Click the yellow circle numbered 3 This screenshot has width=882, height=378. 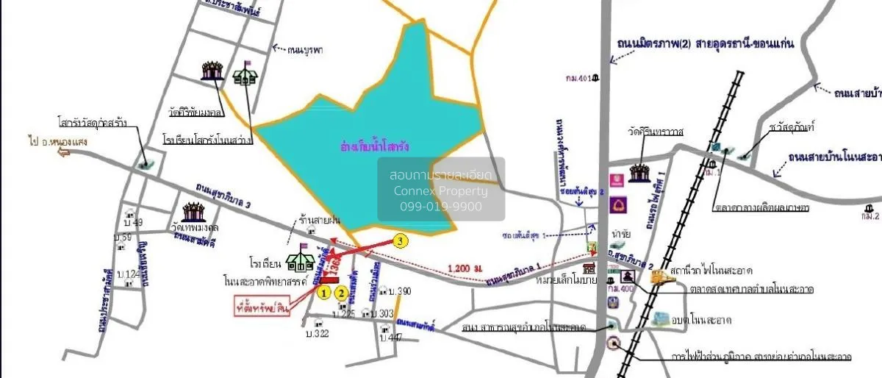click(399, 240)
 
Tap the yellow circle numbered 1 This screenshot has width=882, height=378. click(323, 292)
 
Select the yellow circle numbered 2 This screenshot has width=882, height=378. click(342, 292)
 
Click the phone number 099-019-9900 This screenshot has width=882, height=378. click(441, 207)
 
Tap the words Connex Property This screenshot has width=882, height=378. click(441, 191)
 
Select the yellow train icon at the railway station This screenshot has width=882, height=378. click(659, 277)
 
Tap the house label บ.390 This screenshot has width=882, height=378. click(401, 291)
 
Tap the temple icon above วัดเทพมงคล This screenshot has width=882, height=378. click(194, 213)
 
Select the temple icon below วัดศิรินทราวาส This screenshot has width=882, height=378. click(637, 173)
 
